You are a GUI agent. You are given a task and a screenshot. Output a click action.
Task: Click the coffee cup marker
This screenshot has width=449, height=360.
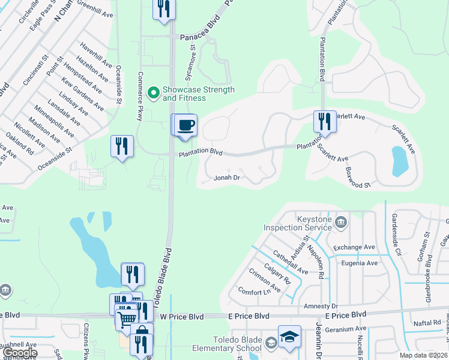[x=187, y=125]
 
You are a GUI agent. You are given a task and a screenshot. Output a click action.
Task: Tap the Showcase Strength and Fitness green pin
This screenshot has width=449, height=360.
[x=153, y=92]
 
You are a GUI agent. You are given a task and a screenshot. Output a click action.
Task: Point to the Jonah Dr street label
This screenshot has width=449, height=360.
[x=228, y=178]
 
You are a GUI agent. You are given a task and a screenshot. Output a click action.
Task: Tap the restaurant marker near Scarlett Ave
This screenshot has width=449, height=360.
[x=325, y=121]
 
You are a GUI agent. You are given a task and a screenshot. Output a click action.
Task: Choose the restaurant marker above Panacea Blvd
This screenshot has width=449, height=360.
[x=164, y=9]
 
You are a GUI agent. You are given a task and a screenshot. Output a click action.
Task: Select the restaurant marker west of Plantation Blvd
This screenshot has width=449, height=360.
[x=122, y=146]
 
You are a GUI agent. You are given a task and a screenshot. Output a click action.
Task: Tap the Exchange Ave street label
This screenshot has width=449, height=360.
[x=354, y=247]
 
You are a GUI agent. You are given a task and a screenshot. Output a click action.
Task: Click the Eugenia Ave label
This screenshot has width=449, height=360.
[x=360, y=263]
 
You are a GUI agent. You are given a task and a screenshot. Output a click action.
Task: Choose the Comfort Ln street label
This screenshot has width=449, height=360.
[x=254, y=292]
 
